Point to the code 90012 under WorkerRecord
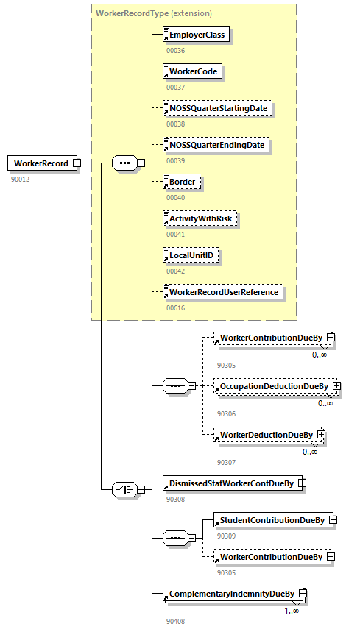coord(21,179)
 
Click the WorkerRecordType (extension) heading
coord(154,13)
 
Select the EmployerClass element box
coord(196,35)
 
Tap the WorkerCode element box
coord(191,71)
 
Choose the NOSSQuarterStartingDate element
coord(218,108)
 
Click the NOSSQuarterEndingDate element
coord(216,145)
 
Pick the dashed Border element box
coord(181,182)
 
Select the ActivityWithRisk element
coord(200,218)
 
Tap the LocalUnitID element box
coord(191,255)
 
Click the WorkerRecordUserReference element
coord(223,292)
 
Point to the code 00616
coord(175,308)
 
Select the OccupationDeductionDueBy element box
coord(272,385)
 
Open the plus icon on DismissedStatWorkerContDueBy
coord(301,483)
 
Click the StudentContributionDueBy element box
coord(272,520)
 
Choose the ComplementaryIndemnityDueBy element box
coord(231,594)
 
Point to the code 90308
coord(175,499)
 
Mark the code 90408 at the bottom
coord(175,621)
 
